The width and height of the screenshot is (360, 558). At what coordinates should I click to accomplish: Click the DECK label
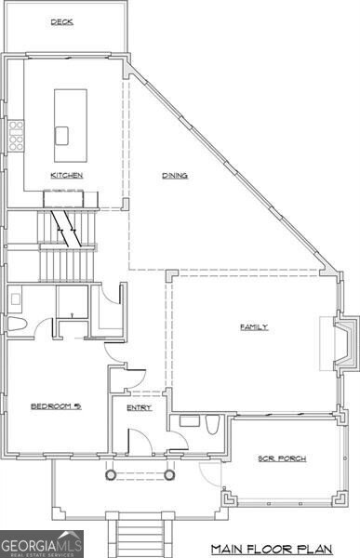62,22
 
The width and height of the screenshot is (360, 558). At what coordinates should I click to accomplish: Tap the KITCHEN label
67,175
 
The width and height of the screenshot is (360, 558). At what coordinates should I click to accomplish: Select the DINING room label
175,176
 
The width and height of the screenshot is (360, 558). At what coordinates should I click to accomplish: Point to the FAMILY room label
254,327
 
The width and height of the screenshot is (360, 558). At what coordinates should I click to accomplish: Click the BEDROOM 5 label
56,406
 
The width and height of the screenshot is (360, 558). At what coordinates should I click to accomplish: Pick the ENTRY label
140,408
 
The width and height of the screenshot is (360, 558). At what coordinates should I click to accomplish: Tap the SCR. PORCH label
282,458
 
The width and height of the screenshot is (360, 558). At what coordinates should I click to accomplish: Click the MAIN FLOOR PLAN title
272,549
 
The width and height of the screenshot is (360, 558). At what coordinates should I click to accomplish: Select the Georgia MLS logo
42,544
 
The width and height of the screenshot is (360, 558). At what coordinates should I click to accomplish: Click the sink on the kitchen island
61,136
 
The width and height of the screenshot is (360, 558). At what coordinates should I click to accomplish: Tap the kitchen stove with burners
16,136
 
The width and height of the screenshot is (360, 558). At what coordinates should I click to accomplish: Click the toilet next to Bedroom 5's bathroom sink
17,324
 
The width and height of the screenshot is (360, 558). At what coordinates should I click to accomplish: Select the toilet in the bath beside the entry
212,425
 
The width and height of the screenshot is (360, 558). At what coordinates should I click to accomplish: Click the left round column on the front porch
110,474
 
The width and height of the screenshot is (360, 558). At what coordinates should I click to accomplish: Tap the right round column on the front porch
169,474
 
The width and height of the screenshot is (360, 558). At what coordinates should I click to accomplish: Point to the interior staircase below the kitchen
67,246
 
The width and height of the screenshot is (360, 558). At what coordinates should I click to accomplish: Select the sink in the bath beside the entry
189,421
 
